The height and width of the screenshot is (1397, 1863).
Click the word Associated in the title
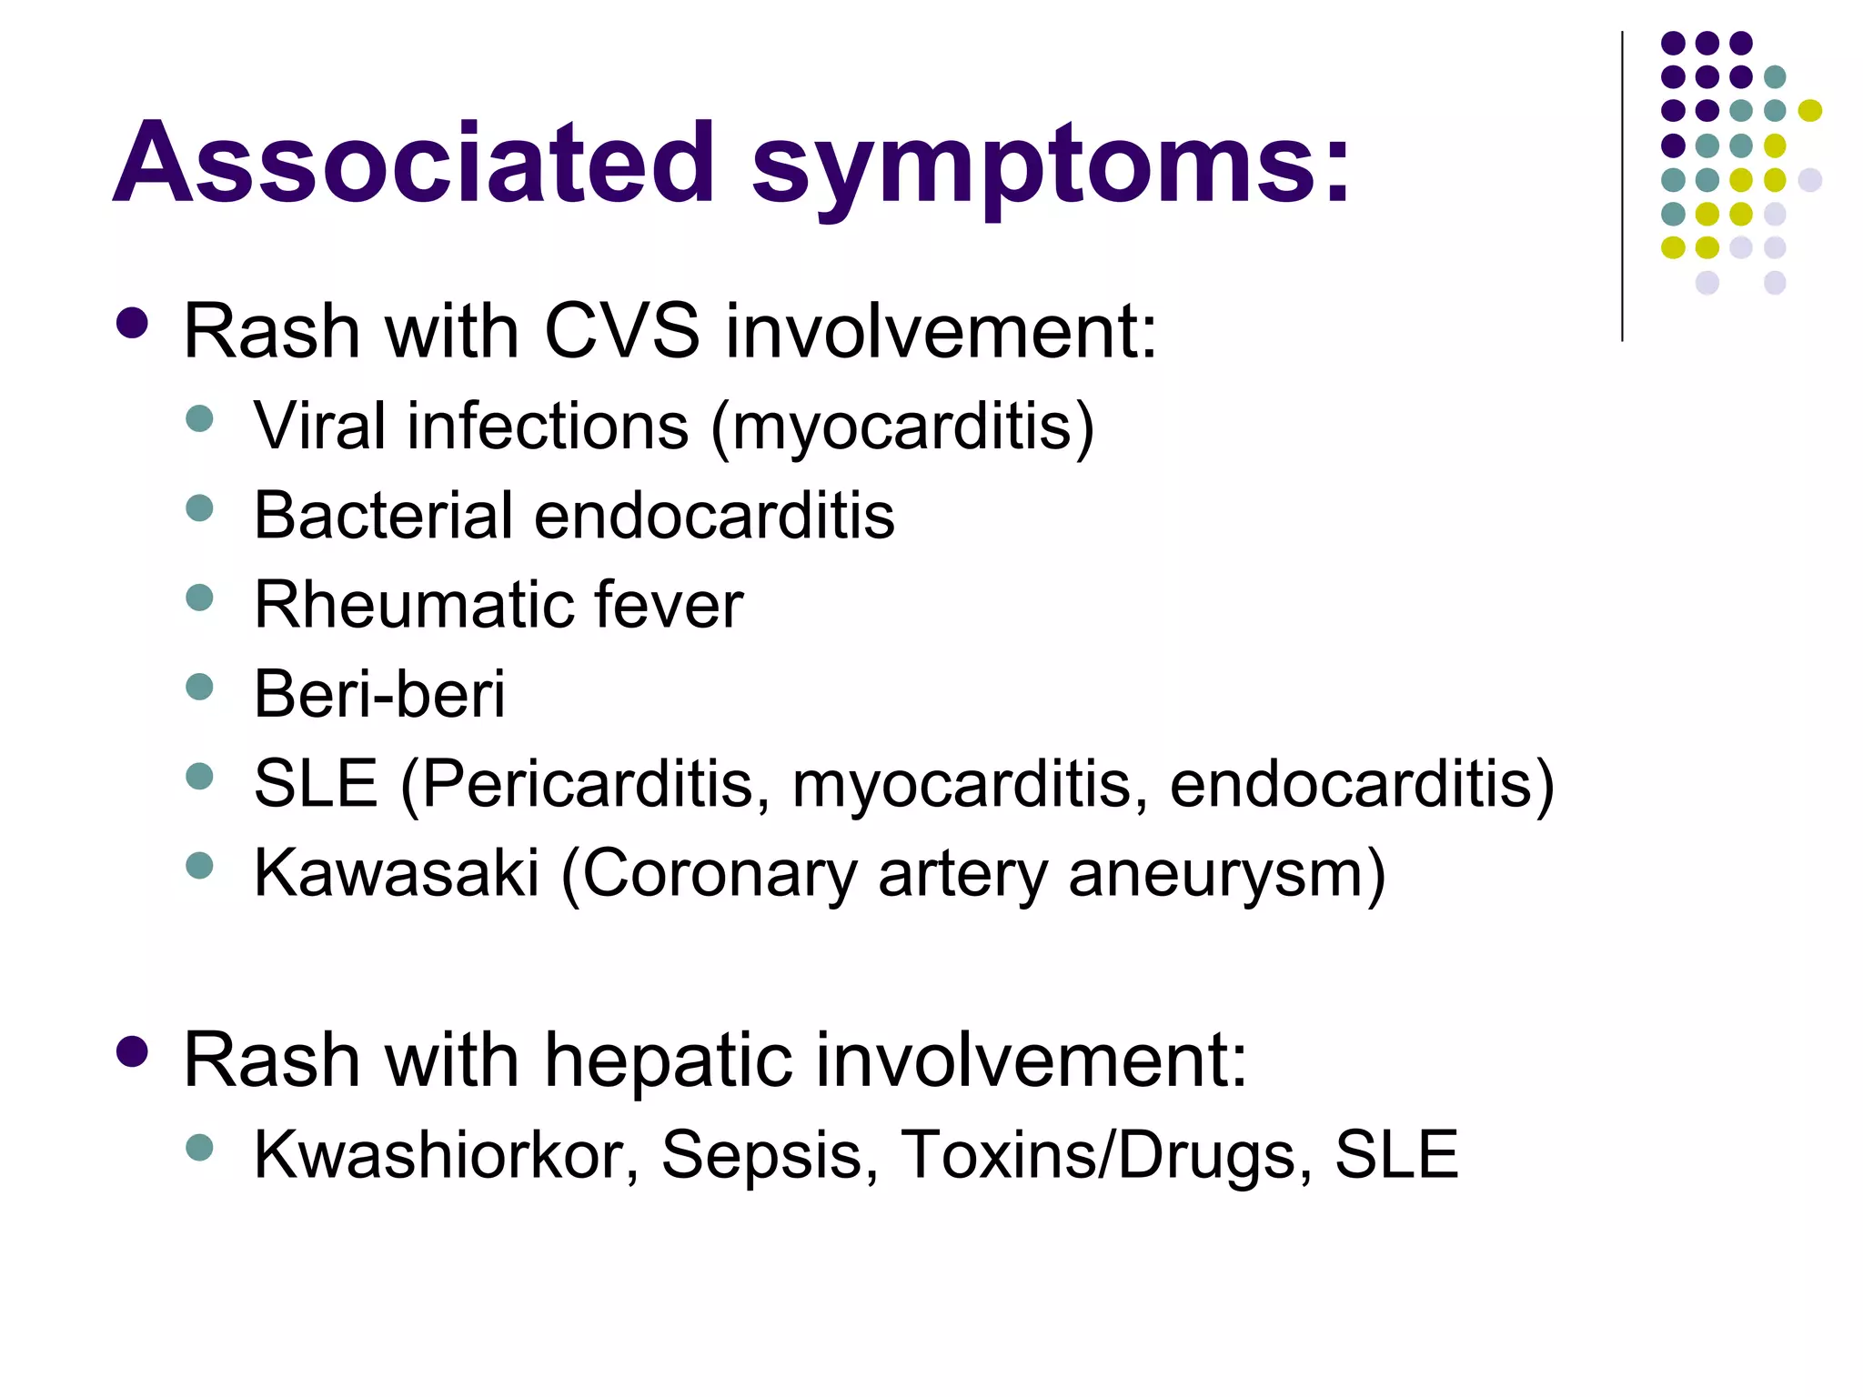(414, 164)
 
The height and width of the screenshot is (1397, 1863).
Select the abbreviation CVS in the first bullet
(622, 330)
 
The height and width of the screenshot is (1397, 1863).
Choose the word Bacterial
(383, 516)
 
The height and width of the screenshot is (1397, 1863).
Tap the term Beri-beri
(378, 694)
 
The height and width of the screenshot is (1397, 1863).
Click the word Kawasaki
(397, 873)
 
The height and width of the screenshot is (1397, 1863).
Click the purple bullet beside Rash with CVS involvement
(133, 323)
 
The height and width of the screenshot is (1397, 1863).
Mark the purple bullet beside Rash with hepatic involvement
(133, 1050)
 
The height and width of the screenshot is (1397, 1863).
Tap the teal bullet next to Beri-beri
(199, 687)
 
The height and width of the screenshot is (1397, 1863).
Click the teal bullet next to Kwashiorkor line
(199, 1147)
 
